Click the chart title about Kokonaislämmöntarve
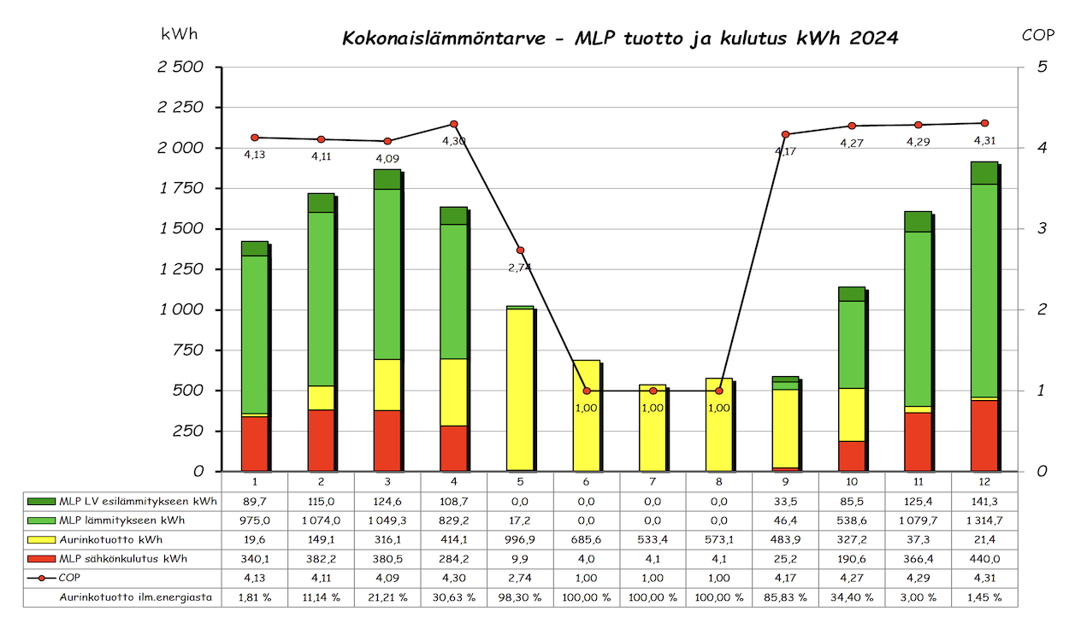click(x=620, y=38)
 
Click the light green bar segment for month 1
click(x=255, y=334)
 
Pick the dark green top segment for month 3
click(x=387, y=179)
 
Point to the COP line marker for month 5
click(x=520, y=250)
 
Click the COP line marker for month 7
click(x=653, y=391)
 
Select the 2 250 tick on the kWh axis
click(x=181, y=108)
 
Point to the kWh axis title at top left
click(x=180, y=34)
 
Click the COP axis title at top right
click(x=1038, y=35)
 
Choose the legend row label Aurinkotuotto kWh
click(x=111, y=539)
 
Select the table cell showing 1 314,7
click(x=984, y=520)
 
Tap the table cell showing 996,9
click(x=520, y=539)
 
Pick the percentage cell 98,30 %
click(x=520, y=597)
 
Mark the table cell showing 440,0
click(x=984, y=559)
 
